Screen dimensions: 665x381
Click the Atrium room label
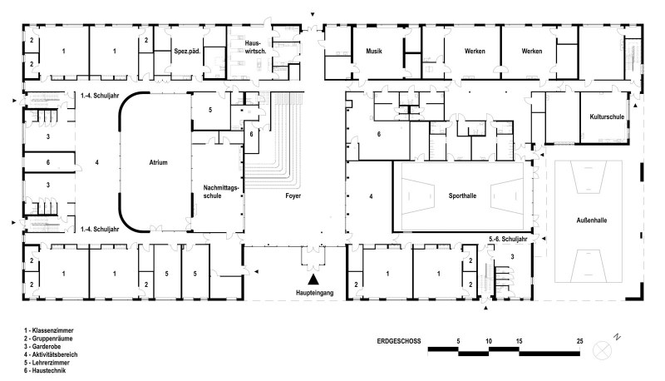(158, 162)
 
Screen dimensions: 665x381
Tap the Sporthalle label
(462, 196)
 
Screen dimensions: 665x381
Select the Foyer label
(293, 196)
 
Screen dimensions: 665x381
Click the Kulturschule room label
(607, 116)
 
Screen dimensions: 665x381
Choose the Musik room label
(374, 52)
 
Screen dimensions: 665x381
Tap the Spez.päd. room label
(187, 52)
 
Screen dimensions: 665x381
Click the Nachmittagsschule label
(221, 192)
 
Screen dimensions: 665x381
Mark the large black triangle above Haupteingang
(313, 279)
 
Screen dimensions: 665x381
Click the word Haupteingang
(315, 293)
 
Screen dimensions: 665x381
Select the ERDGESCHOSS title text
(399, 341)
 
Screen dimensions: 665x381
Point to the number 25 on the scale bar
(579, 341)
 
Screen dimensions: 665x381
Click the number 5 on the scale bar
(459, 341)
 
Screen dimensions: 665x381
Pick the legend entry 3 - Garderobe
(43, 347)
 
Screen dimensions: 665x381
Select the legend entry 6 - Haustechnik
(45, 371)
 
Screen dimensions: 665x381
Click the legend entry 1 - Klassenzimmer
(49, 330)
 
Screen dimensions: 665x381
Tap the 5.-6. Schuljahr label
(508, 240)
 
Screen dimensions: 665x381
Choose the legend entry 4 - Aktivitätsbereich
(51, 354)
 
